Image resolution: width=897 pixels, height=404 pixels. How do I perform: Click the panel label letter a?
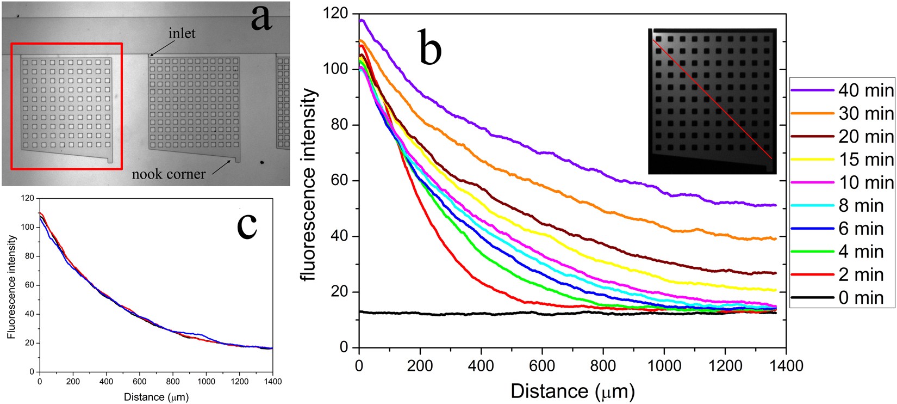(x=262, y=17)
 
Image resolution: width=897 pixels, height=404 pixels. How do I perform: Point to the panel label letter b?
(x=430, y=48)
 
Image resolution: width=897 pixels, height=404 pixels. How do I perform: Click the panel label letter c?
(x=247, y=224)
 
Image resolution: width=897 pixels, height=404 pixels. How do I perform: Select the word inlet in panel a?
(x=182, y=33)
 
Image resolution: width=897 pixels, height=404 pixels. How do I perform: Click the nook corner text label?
(x=169, y=174)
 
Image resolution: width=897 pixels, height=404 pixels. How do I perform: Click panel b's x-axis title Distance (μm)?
(x=572, y=391)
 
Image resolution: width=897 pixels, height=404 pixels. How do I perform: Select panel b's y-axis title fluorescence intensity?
(x=308, y=185)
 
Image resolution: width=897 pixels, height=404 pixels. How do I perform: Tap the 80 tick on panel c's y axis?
(x=29, y=256)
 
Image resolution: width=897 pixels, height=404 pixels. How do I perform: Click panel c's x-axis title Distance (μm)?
(x=156, y=397)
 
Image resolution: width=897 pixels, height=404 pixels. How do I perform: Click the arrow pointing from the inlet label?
(x=158, y=49)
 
